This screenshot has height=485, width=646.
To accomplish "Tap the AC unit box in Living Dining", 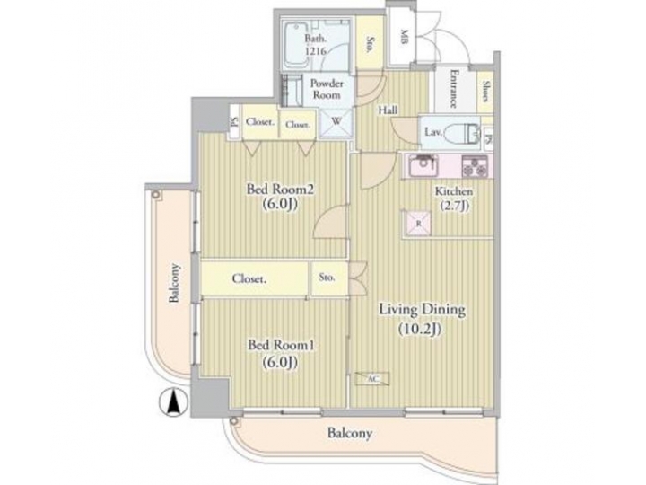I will pyautogui.click(x=371, y=379).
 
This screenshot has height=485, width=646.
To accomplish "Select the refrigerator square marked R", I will pyautogui.click(x=418, y=224).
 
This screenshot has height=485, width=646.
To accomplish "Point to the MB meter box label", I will pyautogui.click(x=404, y=39).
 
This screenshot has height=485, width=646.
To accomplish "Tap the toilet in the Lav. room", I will pyautogui.click(x=463, y=133).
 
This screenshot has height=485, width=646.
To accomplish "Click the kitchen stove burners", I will pyautogui.click(x=474, y=166).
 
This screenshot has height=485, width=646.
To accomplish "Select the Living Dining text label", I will pyautogui.click(x=421, y=319).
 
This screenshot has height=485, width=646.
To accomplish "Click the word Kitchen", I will pyautogui.click(x=454, y=192).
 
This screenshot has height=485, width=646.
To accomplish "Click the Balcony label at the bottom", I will pyautogui.click(x=350, y=433).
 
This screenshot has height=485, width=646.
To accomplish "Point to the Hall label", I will pyautogui.click(x=388, y=110).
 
